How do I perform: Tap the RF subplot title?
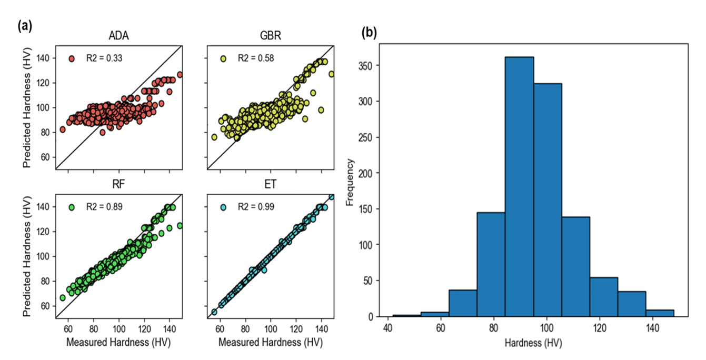point(118,186)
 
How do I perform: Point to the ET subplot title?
point(270,186)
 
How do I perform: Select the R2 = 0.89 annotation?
point(105,207)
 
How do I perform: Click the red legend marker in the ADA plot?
point(72,58)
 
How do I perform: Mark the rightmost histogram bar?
point(660,313)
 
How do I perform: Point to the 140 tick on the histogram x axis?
point(652,326)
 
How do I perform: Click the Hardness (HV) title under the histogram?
point(533,344)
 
